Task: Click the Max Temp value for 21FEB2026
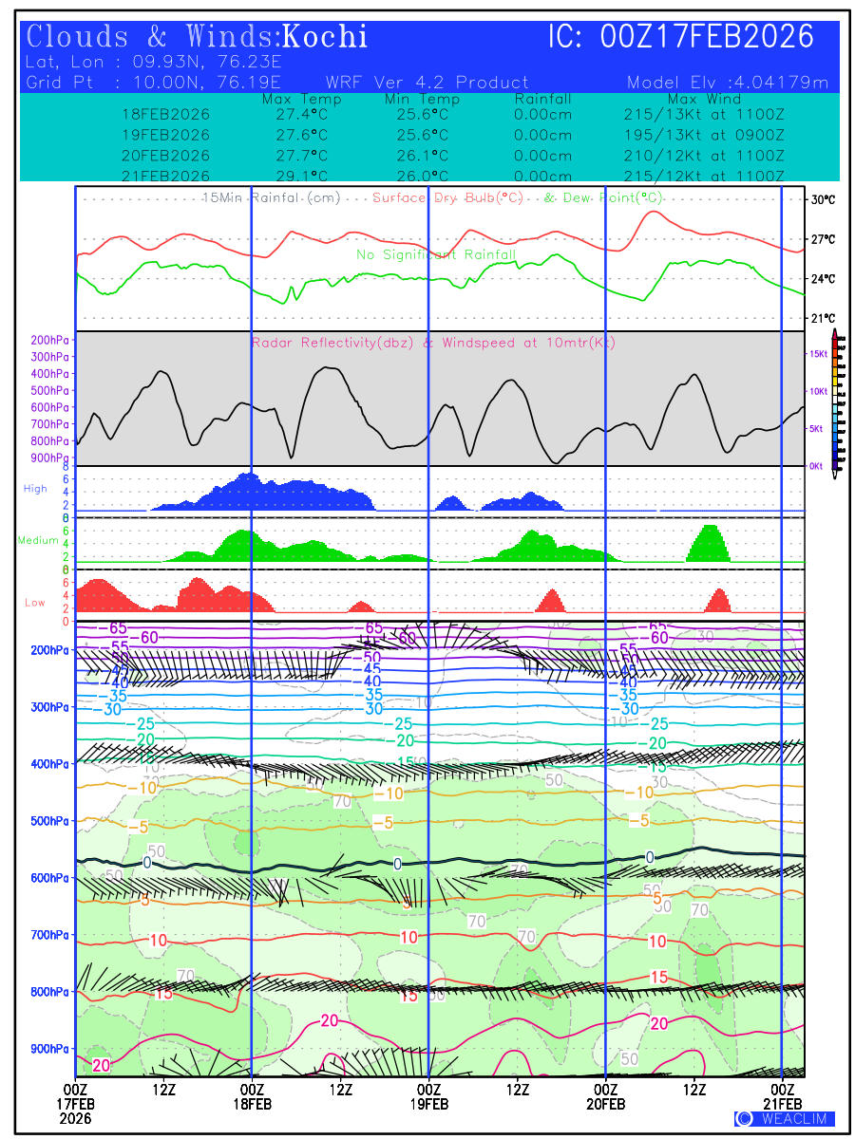(294, 177)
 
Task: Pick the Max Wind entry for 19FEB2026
(704, 135)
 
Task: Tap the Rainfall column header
(542, 99)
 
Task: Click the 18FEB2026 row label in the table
(166, 114)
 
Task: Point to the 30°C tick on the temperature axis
(823, 200)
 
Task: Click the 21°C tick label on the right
(823, 318)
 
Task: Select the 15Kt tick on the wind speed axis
(817, 353)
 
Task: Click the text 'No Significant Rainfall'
(436, 254)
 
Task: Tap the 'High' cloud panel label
(35, 489)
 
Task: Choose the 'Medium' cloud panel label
(38, 541)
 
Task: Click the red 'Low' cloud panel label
(35, 603)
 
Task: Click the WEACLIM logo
(784, 1118)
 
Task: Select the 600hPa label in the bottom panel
(49, 878)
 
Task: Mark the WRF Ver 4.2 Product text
(427, 83)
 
